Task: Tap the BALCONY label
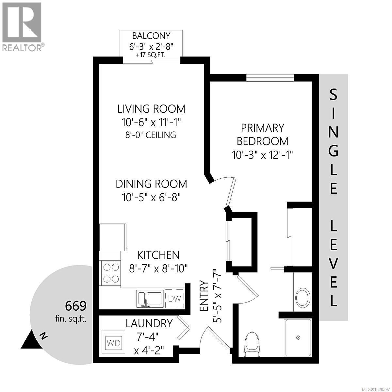pyautogui.click(x=151, y=36)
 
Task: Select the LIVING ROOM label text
pyautogui.click(x=151, y=108)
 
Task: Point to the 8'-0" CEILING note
pyautogui.click(x=151, y=135)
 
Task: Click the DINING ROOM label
pyautogui.click(x=151, y=184)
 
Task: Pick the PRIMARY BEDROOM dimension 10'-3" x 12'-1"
pyautogui.click(x=262, y=155)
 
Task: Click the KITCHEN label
pyautogui.click(x=158, y=255)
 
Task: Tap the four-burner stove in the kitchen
pyautogui.click(x=111, y=273)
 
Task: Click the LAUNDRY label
pyautogui.click(x=149, y=323)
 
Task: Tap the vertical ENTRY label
pyautogui.click(x=204, y=296)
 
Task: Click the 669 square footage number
pyautogui.click(x=76, y=306)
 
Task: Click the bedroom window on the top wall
pyautogui.click(x=270, y=77)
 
